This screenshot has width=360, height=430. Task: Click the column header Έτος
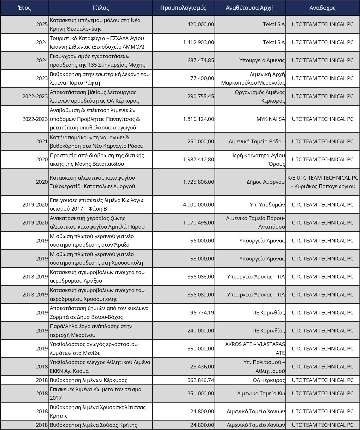tap(25, 8)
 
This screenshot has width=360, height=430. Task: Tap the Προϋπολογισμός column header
tap(183, 8)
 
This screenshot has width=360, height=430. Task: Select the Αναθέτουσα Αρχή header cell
tap(250, 8)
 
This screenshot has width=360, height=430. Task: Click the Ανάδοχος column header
tap(322, 8)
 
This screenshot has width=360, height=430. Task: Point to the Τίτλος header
tap(101, 8)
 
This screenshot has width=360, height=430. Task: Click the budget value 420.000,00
tap(201, 24)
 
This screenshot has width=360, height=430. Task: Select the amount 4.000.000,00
tap(198, 205)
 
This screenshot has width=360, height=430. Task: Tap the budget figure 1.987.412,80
tap(198, 159)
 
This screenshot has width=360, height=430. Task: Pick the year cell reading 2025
tap(42, 24)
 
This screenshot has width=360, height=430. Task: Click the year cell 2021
tap(42, 141)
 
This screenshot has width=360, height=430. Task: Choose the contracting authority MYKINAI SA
tap(271, 119)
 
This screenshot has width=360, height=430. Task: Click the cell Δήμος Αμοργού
tap(266, 182)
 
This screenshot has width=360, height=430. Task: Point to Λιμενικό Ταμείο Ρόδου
tap(257, 141)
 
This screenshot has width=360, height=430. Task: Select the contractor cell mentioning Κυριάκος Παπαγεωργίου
tap(323, 182)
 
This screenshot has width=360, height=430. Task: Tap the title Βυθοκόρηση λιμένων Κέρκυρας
tap(89, 380)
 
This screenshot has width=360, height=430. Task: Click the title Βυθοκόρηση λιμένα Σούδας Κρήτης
tap(93, 425)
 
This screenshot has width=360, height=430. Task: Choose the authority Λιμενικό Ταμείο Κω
tap(261, 393)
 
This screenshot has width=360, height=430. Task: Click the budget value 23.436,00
tap(202, 367)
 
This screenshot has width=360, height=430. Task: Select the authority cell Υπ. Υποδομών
tap(267, 205)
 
